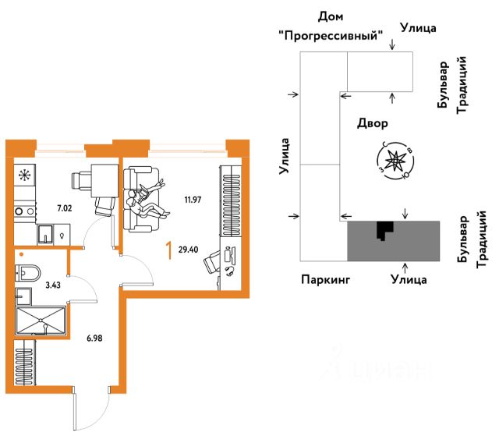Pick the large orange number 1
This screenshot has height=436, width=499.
(168, 251)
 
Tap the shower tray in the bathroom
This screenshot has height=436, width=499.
(41, 320)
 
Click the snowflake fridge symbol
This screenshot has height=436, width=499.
(24, 175)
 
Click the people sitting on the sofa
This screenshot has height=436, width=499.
(144, 201)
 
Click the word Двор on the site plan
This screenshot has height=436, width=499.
(372, 123)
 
